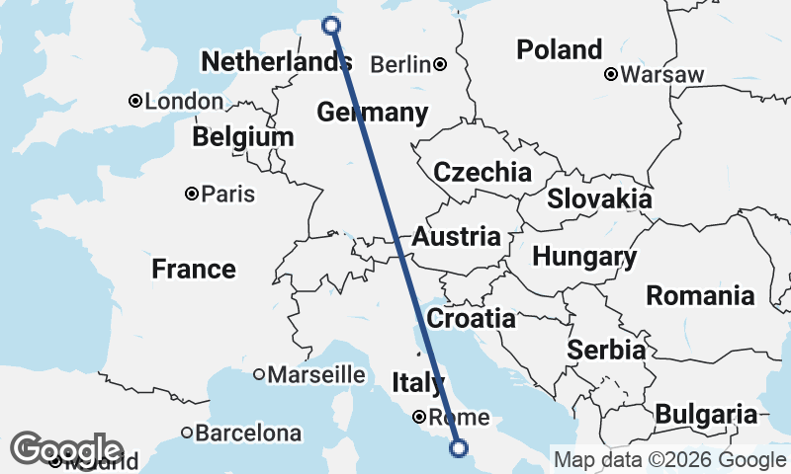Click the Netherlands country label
(276, 63)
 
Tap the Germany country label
(373, 113)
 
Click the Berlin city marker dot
(439, 65)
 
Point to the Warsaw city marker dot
(611, 74)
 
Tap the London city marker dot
(135, 101)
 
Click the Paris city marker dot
(192, 195)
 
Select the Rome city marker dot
(420, 416)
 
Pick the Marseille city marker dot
(259, 374)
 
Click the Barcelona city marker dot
(187, 433)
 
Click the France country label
(194, 269)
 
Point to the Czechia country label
(483, 172)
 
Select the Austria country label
(456, 237)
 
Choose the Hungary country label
(584, 258)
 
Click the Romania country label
(700, 294)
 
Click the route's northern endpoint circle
(331, 26)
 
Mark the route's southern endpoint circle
(459, 448)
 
